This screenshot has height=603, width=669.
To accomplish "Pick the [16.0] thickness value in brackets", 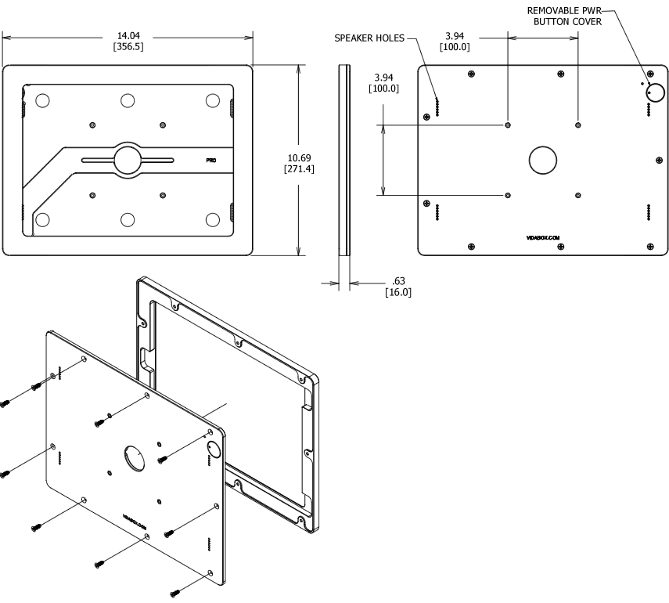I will tap(398, 292).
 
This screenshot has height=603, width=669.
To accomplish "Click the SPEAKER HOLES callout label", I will tap(369, 37).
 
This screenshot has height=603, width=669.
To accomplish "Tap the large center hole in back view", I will tap(542, 160).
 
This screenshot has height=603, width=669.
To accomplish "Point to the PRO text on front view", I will tap(211, 160).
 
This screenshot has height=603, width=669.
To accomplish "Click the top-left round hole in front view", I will tap(43, 100).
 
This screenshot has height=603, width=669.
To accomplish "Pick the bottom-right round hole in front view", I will tap(212, 219).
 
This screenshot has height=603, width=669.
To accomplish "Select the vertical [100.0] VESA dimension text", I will tap(383, 88).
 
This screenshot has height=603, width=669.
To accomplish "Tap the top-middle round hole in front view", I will tap(128, 100).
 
